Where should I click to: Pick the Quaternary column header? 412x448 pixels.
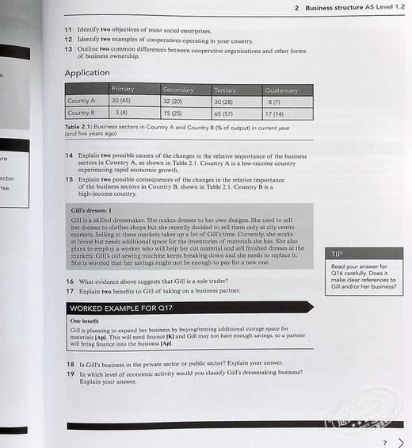281,91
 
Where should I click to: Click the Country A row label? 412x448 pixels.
81,101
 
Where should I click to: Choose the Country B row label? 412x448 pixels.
81,113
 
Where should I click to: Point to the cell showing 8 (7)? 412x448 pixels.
275,102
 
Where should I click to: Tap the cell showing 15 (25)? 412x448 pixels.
173,113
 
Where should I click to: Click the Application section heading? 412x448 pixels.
87,73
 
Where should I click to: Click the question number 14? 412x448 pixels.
70,156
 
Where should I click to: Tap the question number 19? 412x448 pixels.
70,373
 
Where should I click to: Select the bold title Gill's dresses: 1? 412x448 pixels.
92,211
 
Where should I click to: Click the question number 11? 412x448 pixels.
69,29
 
